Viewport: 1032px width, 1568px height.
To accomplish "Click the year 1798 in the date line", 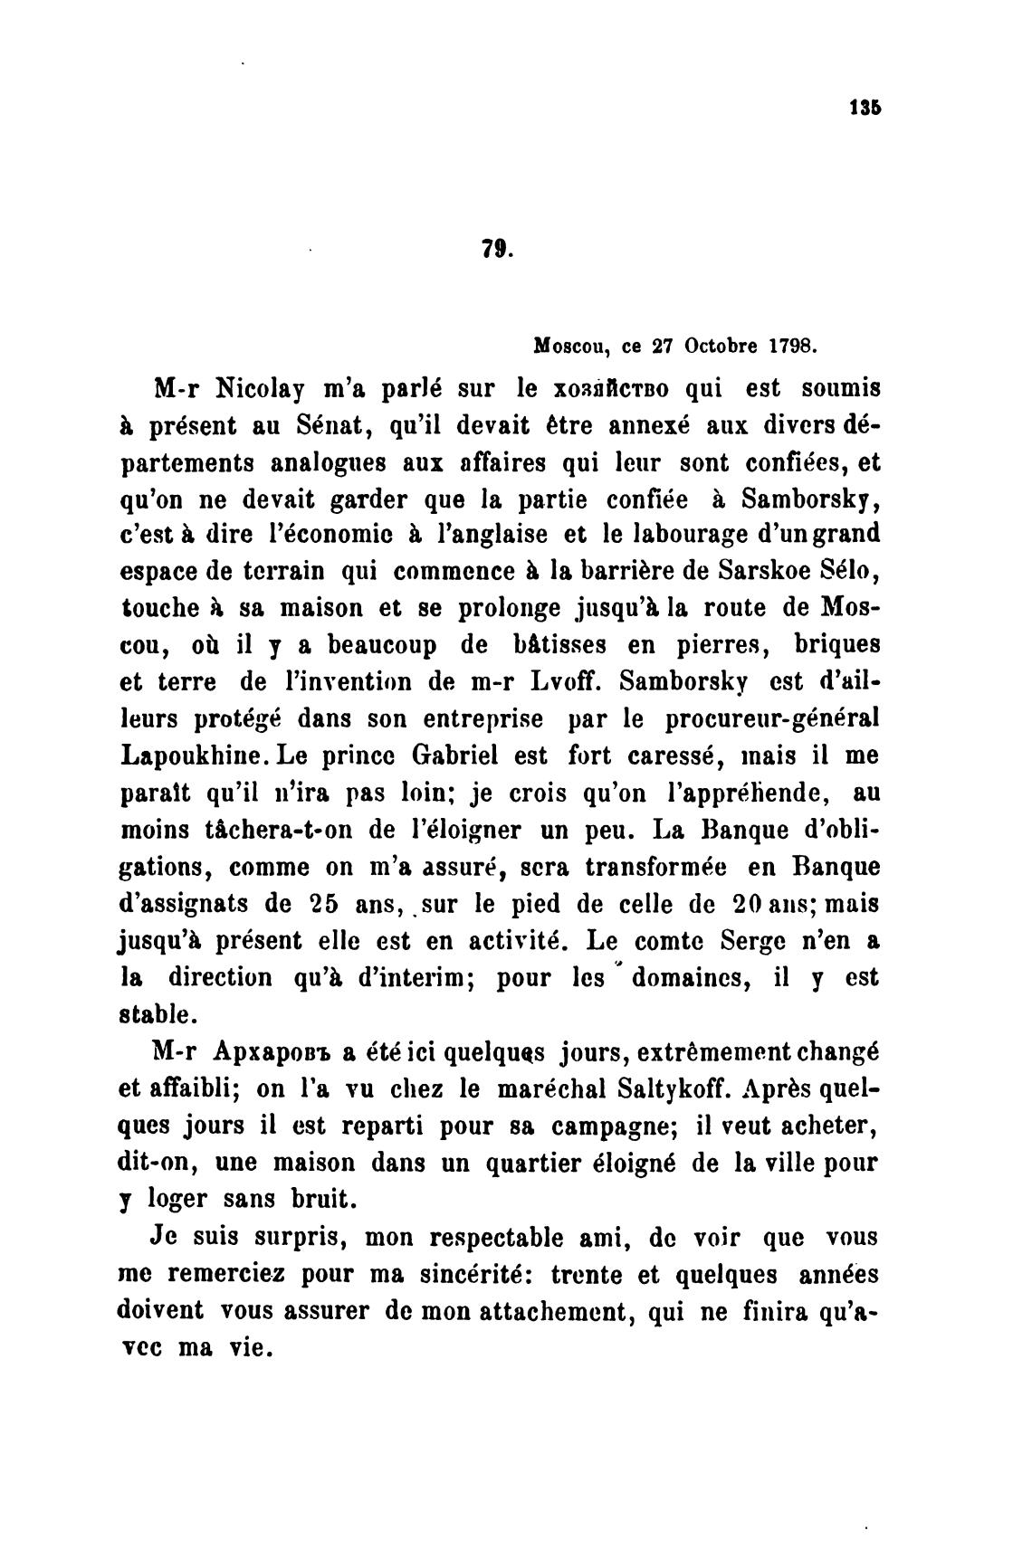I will [x=793, y=347].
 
